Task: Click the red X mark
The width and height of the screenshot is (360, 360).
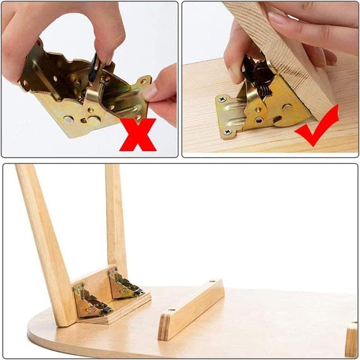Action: tap(138, 134)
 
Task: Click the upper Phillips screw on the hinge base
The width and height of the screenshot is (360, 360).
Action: tap(222, 99)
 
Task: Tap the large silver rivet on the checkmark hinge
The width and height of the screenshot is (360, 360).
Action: tap(287, 108)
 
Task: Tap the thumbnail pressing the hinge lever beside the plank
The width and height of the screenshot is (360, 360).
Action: tap(235, 74)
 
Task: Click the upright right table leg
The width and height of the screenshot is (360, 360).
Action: tap(115, 216)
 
